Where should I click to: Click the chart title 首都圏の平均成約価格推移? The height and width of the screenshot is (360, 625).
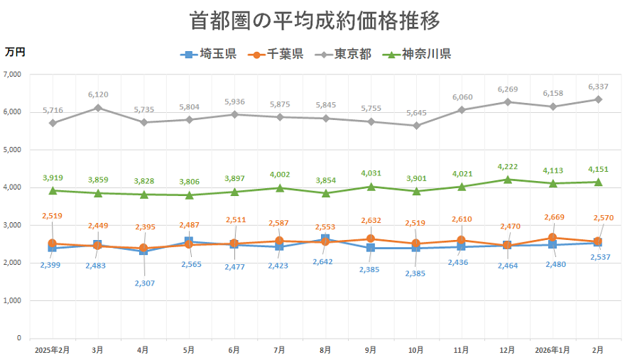coord(315,21)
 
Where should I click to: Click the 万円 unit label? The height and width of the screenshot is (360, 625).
coord(15,51)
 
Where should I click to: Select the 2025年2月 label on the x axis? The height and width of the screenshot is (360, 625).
coord(52,350)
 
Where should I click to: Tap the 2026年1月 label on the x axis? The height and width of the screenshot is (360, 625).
coord(553,350)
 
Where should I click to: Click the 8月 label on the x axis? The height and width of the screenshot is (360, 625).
coord(325,350)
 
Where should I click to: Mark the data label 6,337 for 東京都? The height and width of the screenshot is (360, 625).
coord(598,87)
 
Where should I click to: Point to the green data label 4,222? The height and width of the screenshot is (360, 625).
coord(507,168)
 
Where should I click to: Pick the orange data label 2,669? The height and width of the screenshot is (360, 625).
coord(553,217)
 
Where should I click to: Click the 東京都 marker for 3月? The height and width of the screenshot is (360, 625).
coord(98,108)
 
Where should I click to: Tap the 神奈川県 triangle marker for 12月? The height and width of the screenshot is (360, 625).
coord(507,180)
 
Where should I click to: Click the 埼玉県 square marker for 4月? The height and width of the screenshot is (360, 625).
coord(143,251)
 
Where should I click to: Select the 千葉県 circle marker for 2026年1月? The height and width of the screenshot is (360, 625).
coord(553,238)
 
